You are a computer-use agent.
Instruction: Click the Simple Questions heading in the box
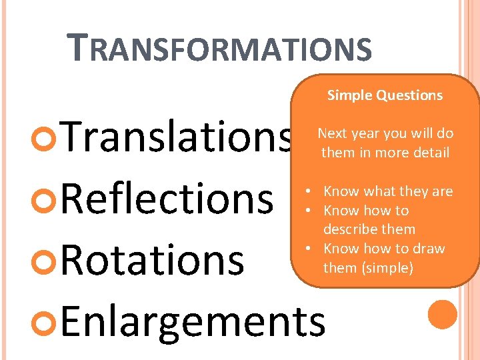pyautogui.click(x=385, y=95)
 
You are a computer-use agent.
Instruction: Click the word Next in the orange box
pyautogui.click(x=332, y=133)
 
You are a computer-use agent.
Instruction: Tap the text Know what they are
pyautogui.click(x=387, y=191)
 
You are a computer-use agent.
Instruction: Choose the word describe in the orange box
pyautogui.click(x=348, y=229)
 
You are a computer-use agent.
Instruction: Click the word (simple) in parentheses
pyautogui.click(x=388, y=268)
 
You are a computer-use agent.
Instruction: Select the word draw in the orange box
pyautogui.click(x=429, y=249)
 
